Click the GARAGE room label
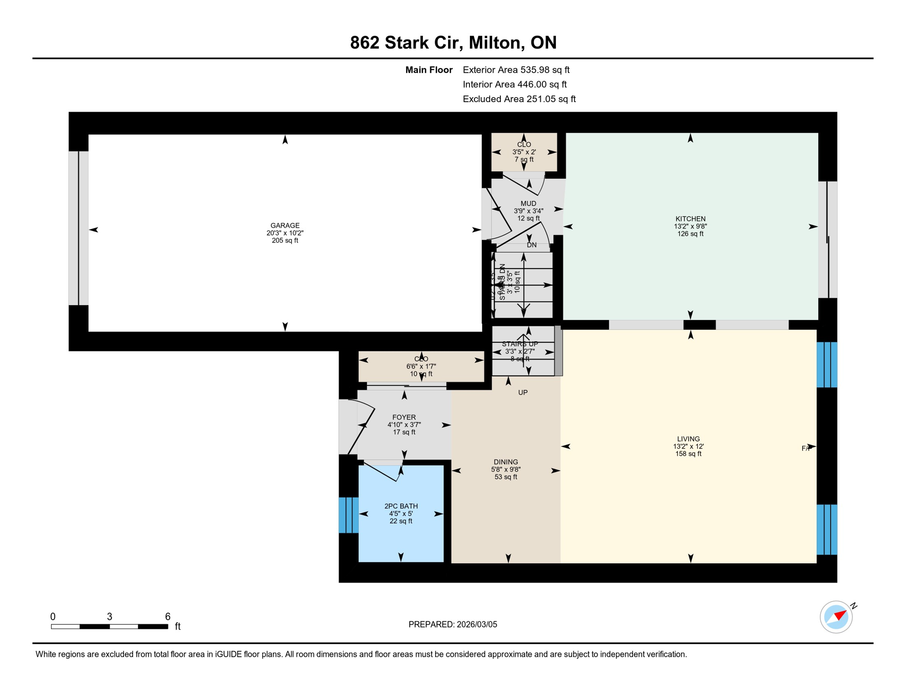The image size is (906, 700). pos(285,226)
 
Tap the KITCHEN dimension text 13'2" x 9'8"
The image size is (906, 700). pos(690,226)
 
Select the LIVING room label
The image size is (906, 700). pos(688,439)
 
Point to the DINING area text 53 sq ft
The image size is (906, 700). pos(506,477)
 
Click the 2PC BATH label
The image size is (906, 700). pos(401,506)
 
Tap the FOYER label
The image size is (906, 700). pos(404,417)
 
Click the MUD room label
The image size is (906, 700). pos(528,203)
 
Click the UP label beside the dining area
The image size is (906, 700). pos(523,392)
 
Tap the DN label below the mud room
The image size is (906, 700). pos(531,245)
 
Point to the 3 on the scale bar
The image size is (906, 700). pos(109,617)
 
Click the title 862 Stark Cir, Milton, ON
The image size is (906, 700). pos(453,42)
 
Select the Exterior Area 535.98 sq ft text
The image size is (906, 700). pos(516,70)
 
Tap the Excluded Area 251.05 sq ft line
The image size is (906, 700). pos(519,99)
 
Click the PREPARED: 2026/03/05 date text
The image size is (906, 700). pos(453,624)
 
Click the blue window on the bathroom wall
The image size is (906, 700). pos(349,515)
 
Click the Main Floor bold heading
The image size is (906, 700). pos(429,70)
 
